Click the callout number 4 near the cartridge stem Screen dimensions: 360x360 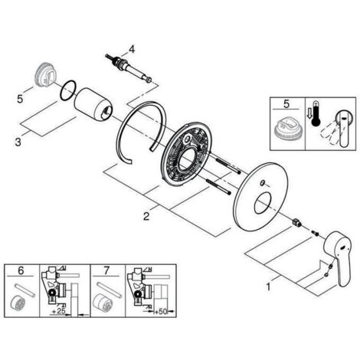[132, 49]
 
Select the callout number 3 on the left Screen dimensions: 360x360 [18, 142]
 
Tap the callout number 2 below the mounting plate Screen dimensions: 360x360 [146, 216]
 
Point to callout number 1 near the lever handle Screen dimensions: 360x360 [268, 286]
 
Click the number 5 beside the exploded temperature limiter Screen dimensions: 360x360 [20, 99]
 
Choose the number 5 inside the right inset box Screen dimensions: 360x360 [286, 104]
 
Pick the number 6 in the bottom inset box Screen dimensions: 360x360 [21, 270]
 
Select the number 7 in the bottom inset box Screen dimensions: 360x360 [106, 270]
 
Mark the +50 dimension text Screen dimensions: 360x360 [160, 311]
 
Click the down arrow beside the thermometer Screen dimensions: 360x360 [309, 114]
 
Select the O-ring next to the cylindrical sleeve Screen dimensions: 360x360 [68, 90]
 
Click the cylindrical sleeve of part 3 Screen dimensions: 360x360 [93, 104]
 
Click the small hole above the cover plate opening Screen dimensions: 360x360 [262, 183]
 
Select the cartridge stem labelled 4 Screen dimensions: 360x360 [129, 68]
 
